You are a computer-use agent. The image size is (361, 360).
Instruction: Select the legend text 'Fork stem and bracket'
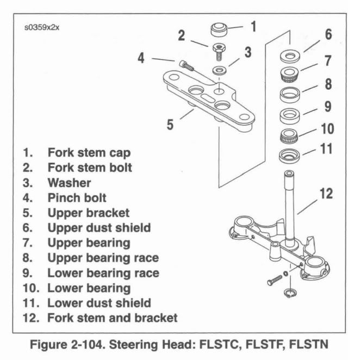pyautogui.click(x=113, y=316)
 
